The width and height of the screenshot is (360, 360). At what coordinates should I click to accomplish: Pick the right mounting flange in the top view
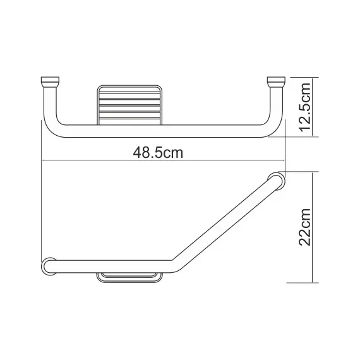click(x=275, y=81)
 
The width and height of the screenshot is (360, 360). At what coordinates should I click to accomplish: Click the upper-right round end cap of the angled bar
click(x=275, y=179)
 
